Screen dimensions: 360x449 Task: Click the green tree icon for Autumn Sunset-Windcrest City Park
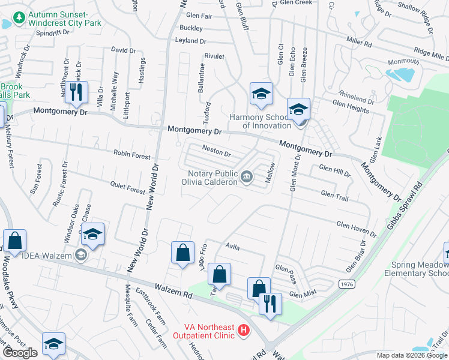point(20,19)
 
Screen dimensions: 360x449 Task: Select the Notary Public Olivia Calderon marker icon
point(247,176)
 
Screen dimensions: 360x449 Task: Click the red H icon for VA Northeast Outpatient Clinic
point(243,330)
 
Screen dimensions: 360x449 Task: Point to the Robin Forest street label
point(132,155)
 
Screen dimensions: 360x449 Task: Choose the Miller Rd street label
point(359,43)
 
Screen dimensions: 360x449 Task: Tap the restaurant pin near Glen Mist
point(271,304)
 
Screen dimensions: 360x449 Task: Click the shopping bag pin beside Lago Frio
point(182,252)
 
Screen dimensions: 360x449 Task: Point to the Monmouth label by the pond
point(403,61)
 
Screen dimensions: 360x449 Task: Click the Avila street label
point(232,246)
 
